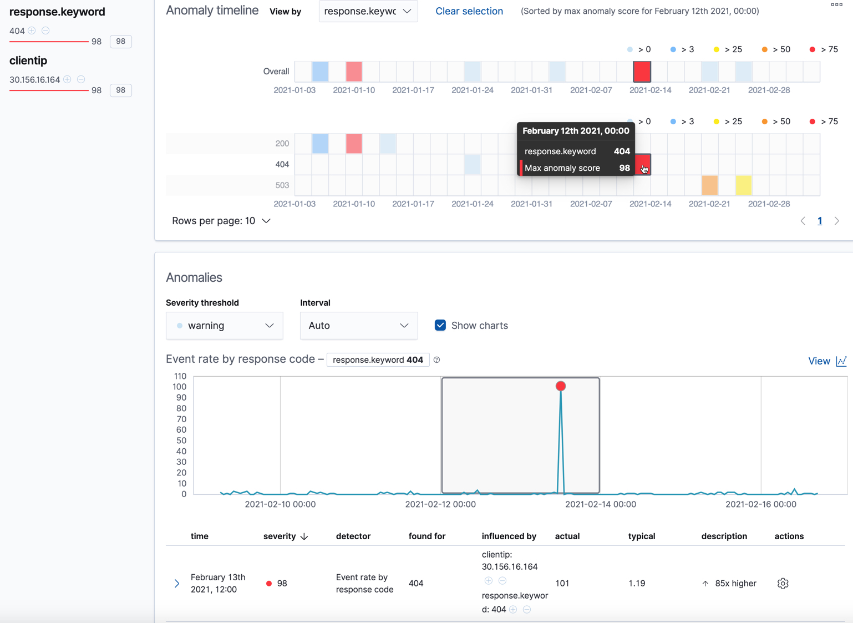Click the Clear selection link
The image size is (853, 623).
[x=469, y=11]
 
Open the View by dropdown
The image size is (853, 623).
[x=368, y=11]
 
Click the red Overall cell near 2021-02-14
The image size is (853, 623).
[x=642, y=72]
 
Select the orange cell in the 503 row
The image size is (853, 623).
[x=709, y=185]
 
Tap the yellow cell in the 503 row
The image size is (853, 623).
[x=743, y=185]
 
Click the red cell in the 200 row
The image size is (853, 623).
[x=354, y=144]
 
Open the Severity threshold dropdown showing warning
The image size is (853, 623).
[x=224, y=326]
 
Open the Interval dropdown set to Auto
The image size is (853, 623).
[x=358, y=326]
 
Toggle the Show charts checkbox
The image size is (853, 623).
[x=440, y=326]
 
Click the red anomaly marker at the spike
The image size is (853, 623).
[x=561, y=386]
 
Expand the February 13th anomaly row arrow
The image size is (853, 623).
[x=177, y=584]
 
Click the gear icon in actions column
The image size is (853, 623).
[x=783, y=584]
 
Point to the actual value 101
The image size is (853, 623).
[x=562, y=584]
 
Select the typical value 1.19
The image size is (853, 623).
[x=637, y=584]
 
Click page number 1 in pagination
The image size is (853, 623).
[x=820, y=221]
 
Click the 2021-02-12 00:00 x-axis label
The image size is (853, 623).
[x=440, y=504]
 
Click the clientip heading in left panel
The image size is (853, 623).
[x=28, y=60]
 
